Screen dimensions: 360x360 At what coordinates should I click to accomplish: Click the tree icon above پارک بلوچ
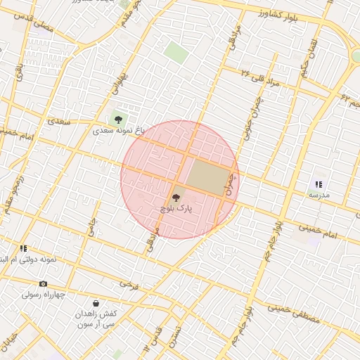pyautogui.click(x=176, y=198)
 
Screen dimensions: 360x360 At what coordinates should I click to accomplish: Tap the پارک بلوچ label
pyautogui.click(x=176, y=209)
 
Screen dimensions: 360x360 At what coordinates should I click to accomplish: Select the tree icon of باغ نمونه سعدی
pyautogui.click(x=117, y=119)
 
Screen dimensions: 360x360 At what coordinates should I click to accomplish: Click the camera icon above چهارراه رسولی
pyautogui.click(x=44, y=284)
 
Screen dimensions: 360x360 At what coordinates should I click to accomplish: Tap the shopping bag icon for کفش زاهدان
pyautogui.click(x=96, y=304)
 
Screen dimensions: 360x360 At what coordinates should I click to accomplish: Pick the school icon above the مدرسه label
pyautogui.click(x=319, y=184)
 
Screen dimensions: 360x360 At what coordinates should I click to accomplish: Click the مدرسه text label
pyautogui.click(x=319, y=195)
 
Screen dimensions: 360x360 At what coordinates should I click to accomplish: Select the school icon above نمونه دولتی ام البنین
pyautogui.click(x=23, y=248)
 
